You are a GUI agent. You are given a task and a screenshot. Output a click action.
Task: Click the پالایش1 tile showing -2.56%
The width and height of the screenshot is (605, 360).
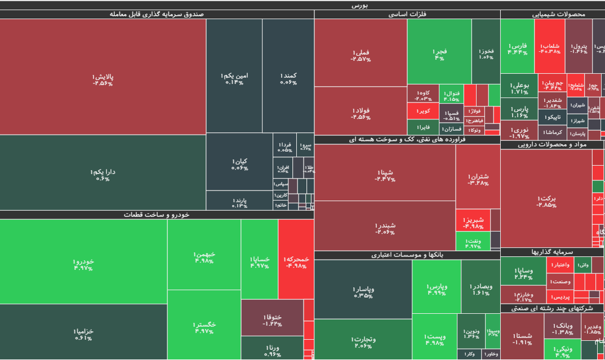(x=103, y=79)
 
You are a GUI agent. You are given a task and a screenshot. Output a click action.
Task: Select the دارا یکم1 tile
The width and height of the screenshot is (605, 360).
(x=103, y=174)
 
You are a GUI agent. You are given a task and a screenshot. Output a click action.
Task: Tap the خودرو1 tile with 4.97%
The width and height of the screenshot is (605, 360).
(x=83, y=264)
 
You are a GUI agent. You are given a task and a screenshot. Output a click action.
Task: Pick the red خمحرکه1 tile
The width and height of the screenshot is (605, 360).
(x=296, y=261)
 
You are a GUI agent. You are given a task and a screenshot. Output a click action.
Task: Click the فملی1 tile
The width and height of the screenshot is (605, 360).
(x=361, y=55)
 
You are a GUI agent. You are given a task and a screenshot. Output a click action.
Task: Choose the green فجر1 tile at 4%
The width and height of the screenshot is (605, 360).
(x=439, y=54)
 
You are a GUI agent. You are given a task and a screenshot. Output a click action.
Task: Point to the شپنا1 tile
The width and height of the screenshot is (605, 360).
(x=385, y=175)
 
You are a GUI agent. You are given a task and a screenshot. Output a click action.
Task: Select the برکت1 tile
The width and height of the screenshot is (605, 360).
(x=546, y=201)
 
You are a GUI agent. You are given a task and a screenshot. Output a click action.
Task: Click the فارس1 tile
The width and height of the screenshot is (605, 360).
(x=517, y=48)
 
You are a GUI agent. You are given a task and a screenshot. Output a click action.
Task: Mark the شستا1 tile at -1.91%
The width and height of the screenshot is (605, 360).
(x=522, y=338)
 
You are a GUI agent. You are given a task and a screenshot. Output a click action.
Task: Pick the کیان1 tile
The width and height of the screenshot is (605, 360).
(x=239, y=163)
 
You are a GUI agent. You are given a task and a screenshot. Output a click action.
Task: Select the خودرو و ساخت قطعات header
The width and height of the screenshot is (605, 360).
(x=157, y=215)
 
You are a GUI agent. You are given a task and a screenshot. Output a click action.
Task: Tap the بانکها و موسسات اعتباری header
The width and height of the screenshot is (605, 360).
(x=407, y=255)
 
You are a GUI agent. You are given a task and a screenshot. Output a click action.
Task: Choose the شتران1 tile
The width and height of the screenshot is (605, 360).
(x=478, y=179)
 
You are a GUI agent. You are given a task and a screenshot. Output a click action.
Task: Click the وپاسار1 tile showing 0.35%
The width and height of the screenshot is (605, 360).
(x=363, y=291)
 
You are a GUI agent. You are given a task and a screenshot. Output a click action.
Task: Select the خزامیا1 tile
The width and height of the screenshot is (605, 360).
(x=83, y=334)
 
